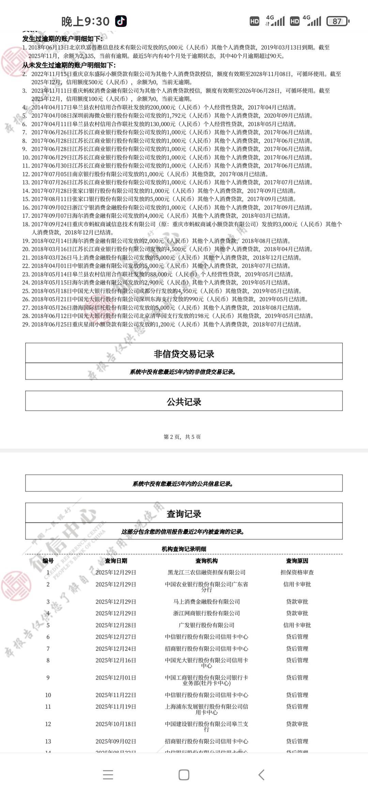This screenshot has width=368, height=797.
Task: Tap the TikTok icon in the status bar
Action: pos(121,21)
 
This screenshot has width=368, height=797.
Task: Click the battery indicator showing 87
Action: pos(337,21)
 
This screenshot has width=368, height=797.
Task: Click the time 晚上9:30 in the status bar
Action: pos(85,21)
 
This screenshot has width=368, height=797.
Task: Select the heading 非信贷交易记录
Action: pos(184,354)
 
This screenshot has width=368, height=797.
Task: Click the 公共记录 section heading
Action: pos(184,402)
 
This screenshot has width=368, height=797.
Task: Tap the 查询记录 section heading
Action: pos(184,514)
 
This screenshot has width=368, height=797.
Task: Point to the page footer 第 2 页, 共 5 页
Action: pos(182,437)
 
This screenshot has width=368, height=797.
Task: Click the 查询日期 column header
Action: pos(116,561)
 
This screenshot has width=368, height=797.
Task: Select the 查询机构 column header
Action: pos(206,561)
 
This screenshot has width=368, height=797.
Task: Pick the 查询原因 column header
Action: pos(297,561)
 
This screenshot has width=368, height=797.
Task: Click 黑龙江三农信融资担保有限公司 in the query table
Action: pos(206,573)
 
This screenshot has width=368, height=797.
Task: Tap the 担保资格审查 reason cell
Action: pos(297,573)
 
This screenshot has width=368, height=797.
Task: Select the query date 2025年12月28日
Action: pos(116,625)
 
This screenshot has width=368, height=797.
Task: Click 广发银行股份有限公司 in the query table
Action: pos(206,625)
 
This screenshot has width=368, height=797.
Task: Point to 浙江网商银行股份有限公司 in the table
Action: pos(206,613)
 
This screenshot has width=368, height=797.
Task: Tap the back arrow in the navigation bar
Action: pos(261,775)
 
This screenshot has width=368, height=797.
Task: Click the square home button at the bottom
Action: pos(184,775)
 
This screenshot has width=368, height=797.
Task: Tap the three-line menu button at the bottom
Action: pos(108,775)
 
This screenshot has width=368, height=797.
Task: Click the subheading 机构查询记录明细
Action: pos(184,549)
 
